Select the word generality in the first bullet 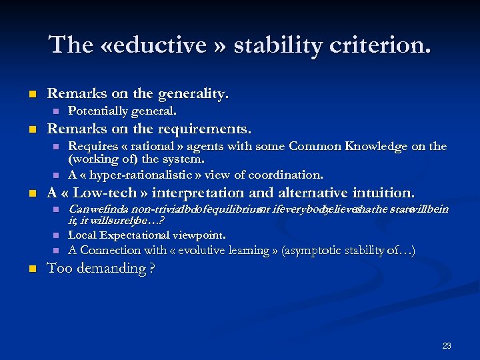pyautogui.click(x=193, y=94)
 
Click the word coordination pyautogui.click(x=287, y=175)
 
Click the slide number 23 pyautogui.click(x=447, y=345)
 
